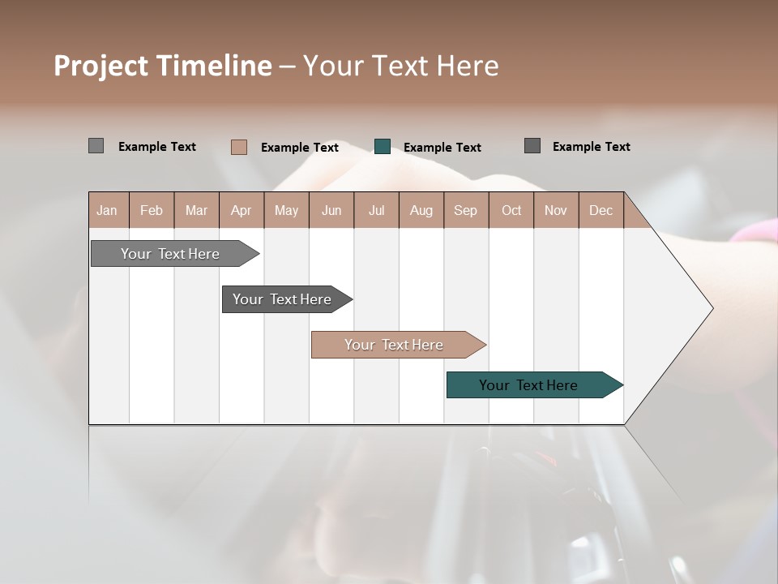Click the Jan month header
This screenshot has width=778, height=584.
pyautogui.click(x=108, y=210)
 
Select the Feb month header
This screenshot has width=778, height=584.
pyautogui.click(x=152, y=210)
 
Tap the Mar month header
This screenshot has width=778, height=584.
pyautogui.click(x=196, y=210)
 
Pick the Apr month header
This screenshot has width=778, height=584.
pyautogui.click(x=242, y=210)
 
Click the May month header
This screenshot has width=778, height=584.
pyautogui.click(x=286, y=210)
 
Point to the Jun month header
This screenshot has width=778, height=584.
pyautogui.click(x=331, y=210)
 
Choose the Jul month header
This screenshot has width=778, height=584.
pyautogui.click(x=376, y=210)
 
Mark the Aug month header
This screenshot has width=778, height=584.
pyautogui.click(x=421, y=210)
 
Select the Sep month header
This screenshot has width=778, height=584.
pyautogui.click(x=466, y=210)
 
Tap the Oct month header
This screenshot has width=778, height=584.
pyautogui.click(x=511, y=210)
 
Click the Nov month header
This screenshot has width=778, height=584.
pyautogui.click(x=556, y=210)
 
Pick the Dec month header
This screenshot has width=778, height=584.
pyautogui.click(x=601, y=210)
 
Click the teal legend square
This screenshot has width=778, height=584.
pyautogui.click(x=383, y=147)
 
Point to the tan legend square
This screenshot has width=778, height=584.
pyautogui.click(x=239, y=147)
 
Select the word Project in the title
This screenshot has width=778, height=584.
pyautogui.click(x=100, y=66)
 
